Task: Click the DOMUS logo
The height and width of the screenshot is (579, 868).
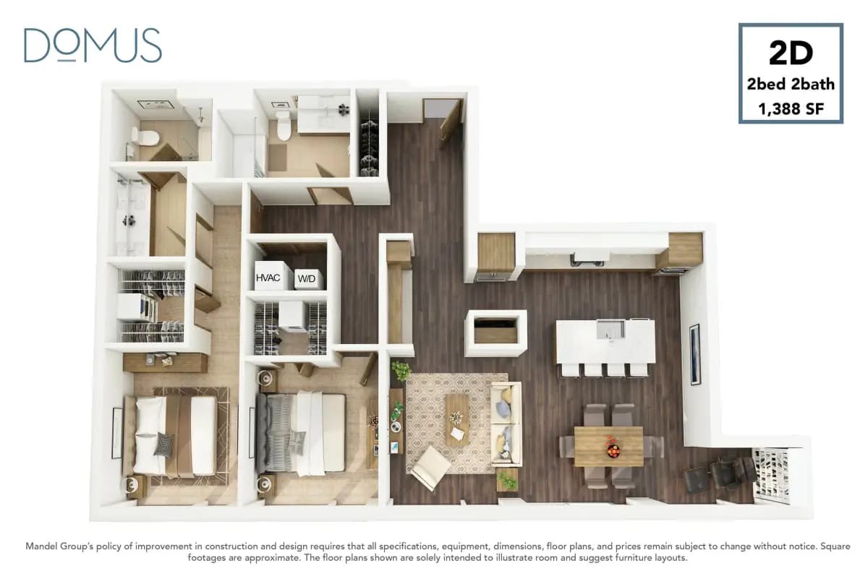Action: [93, 45]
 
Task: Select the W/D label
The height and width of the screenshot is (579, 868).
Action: [307, 278]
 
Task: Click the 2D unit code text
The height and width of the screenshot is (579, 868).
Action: [791, 53]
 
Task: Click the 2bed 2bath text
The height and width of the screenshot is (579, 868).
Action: [791, 84]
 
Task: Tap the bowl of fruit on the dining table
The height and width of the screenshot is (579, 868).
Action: [612, 450]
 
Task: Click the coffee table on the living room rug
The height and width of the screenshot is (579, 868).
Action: [456, 419]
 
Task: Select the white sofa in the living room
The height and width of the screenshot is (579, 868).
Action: [506, 423]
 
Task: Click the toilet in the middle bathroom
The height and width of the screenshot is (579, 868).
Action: [283, 127]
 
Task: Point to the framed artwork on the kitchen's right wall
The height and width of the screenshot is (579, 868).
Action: [694, 354]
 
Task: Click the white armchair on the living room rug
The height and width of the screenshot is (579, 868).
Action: [429, 466]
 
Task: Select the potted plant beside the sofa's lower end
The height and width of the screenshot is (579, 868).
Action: [508, 479]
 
